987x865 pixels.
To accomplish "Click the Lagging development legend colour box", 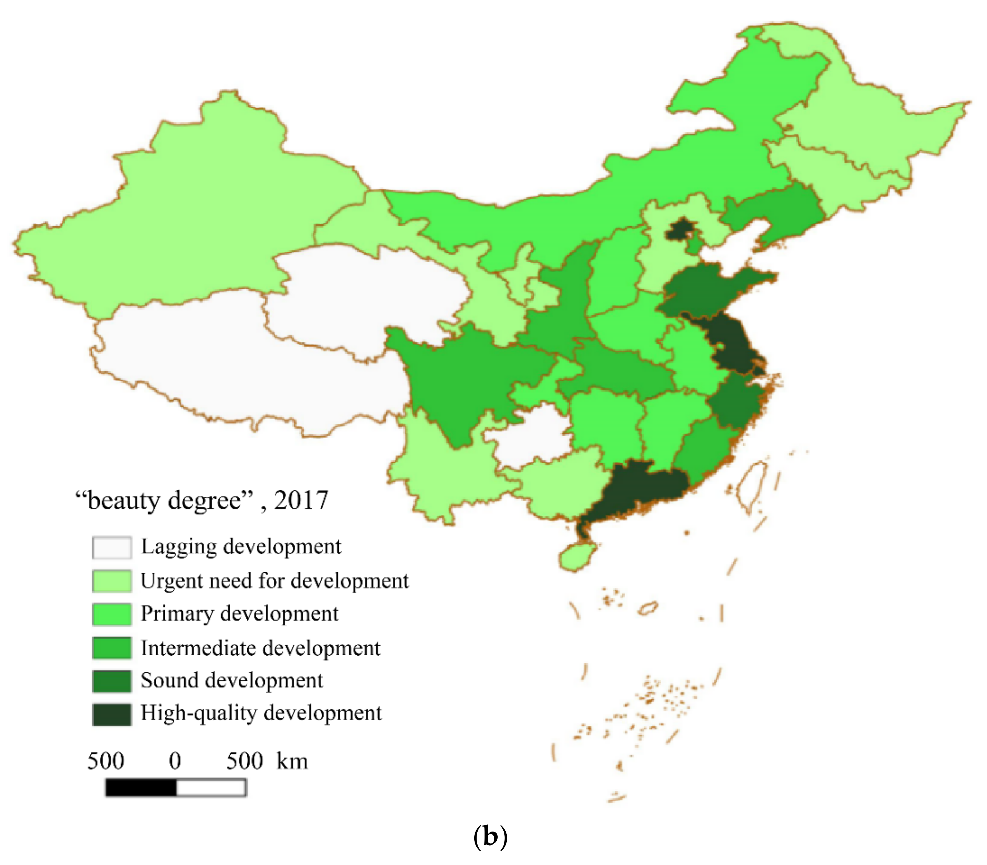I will point(111,547).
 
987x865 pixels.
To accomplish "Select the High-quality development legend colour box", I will point(111,714).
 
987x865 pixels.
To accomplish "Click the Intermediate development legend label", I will point(260,648).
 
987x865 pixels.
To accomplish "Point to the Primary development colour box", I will point(111,614).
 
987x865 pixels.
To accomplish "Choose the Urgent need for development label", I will point(274,581).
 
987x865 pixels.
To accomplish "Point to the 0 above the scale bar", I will point(175,761).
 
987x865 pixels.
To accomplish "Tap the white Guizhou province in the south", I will point(531,435).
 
